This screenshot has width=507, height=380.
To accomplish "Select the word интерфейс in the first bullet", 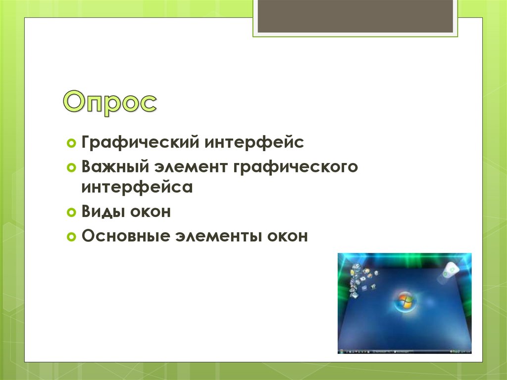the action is pyautogui.click(x=254, y=142).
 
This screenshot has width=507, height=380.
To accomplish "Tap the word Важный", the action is pyautogui.click(x=115, y=166).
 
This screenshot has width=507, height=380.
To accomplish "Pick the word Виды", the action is pyautogui.click(x=102, y=212).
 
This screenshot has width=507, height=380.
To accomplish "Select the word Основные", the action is pyautogui.click(x=125, y=236).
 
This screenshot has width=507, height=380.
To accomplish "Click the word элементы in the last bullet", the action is pyautogui.click(x=218, y=236).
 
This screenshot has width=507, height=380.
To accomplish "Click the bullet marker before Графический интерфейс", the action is pyautogui.click(x=71, y=143).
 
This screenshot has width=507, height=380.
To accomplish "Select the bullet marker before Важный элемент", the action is pyautogui.click(x=71, y=167).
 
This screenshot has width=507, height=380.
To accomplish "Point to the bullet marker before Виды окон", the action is pyautogui.click(x=71, y=213).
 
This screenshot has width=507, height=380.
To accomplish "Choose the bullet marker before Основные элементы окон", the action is pyautogui.click(x=71, y=237).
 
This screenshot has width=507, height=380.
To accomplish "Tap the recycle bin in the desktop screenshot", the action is pyautogui.click(x=449, y=271).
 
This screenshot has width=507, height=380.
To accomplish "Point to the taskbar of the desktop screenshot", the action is pyautogui.click(x=405, y=351).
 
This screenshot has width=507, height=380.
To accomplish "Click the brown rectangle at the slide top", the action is pyautogui.click(x=355, y=16).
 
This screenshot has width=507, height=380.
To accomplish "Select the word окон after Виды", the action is pyautogui.click(x=150, y=212).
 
